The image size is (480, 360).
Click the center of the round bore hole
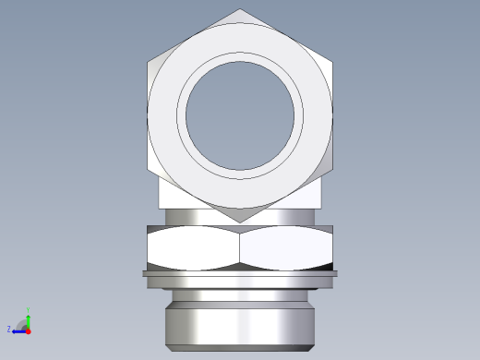240,115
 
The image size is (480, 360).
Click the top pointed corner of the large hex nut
240,10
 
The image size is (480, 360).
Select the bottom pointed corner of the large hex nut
240,222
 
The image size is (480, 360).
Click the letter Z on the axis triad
9,329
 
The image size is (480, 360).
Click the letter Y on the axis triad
30,311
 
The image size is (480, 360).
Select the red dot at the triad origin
29,330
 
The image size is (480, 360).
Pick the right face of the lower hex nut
286,248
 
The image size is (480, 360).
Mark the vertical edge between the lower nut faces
240,248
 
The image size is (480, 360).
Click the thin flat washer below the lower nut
240,273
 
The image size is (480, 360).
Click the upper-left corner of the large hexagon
149,62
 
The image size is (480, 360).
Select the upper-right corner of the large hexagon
331,62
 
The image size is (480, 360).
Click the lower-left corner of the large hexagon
149,170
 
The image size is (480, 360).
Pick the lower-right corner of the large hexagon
331,170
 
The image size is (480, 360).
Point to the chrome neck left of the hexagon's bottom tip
194,217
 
